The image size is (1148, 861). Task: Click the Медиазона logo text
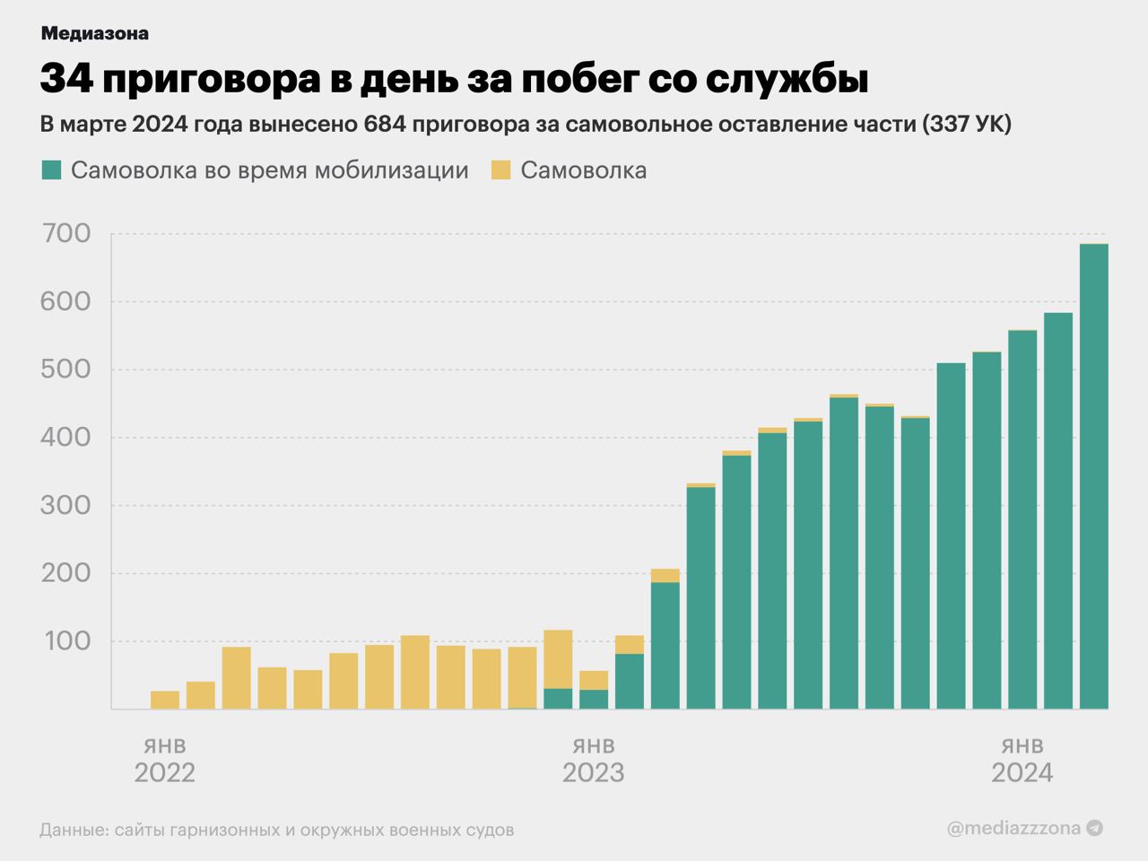coord(94,33)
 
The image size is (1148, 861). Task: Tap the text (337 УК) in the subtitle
coord(967,125)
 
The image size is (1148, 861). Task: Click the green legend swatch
coord(51,170)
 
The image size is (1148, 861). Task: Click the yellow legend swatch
coord(500,170)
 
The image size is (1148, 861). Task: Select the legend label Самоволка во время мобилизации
coord(269,170)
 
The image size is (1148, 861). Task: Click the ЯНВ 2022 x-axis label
coord(165,761)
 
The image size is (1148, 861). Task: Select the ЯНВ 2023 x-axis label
coord(593,761)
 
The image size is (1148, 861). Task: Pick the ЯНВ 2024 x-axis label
coord(1022,761)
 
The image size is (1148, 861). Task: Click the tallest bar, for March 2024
coord(1093,475)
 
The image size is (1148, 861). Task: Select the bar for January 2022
coord(165,700)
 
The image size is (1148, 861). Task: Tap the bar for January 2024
coord(1022,520)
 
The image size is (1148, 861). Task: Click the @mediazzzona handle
coord(1013,829)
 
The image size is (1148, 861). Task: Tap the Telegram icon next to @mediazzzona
coord(1094,829)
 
